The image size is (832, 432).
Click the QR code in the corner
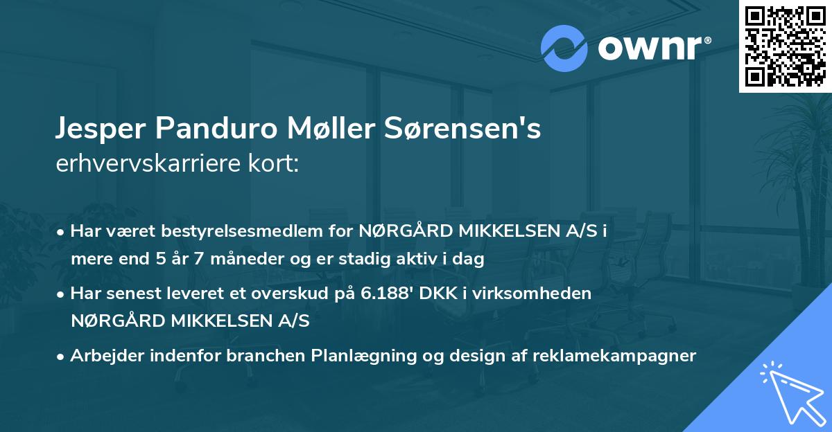(x=785, y=46)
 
